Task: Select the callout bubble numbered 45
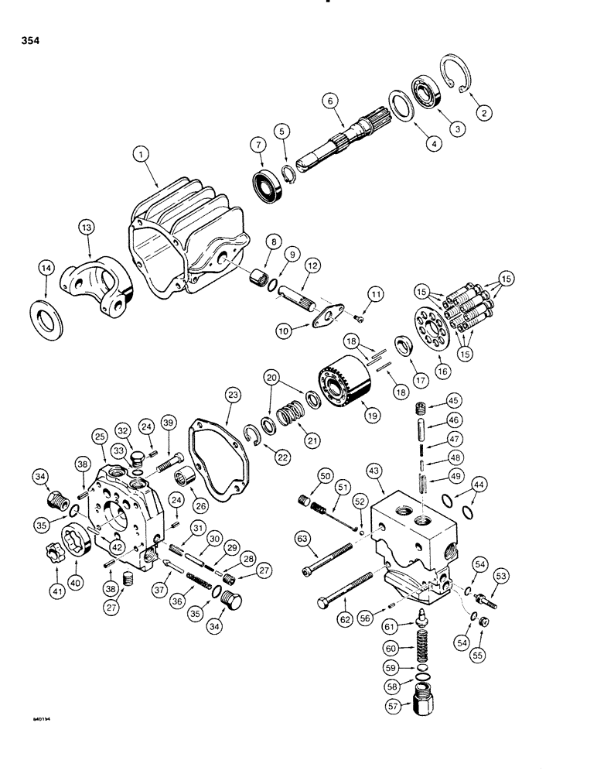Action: [x=454, y=400]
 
